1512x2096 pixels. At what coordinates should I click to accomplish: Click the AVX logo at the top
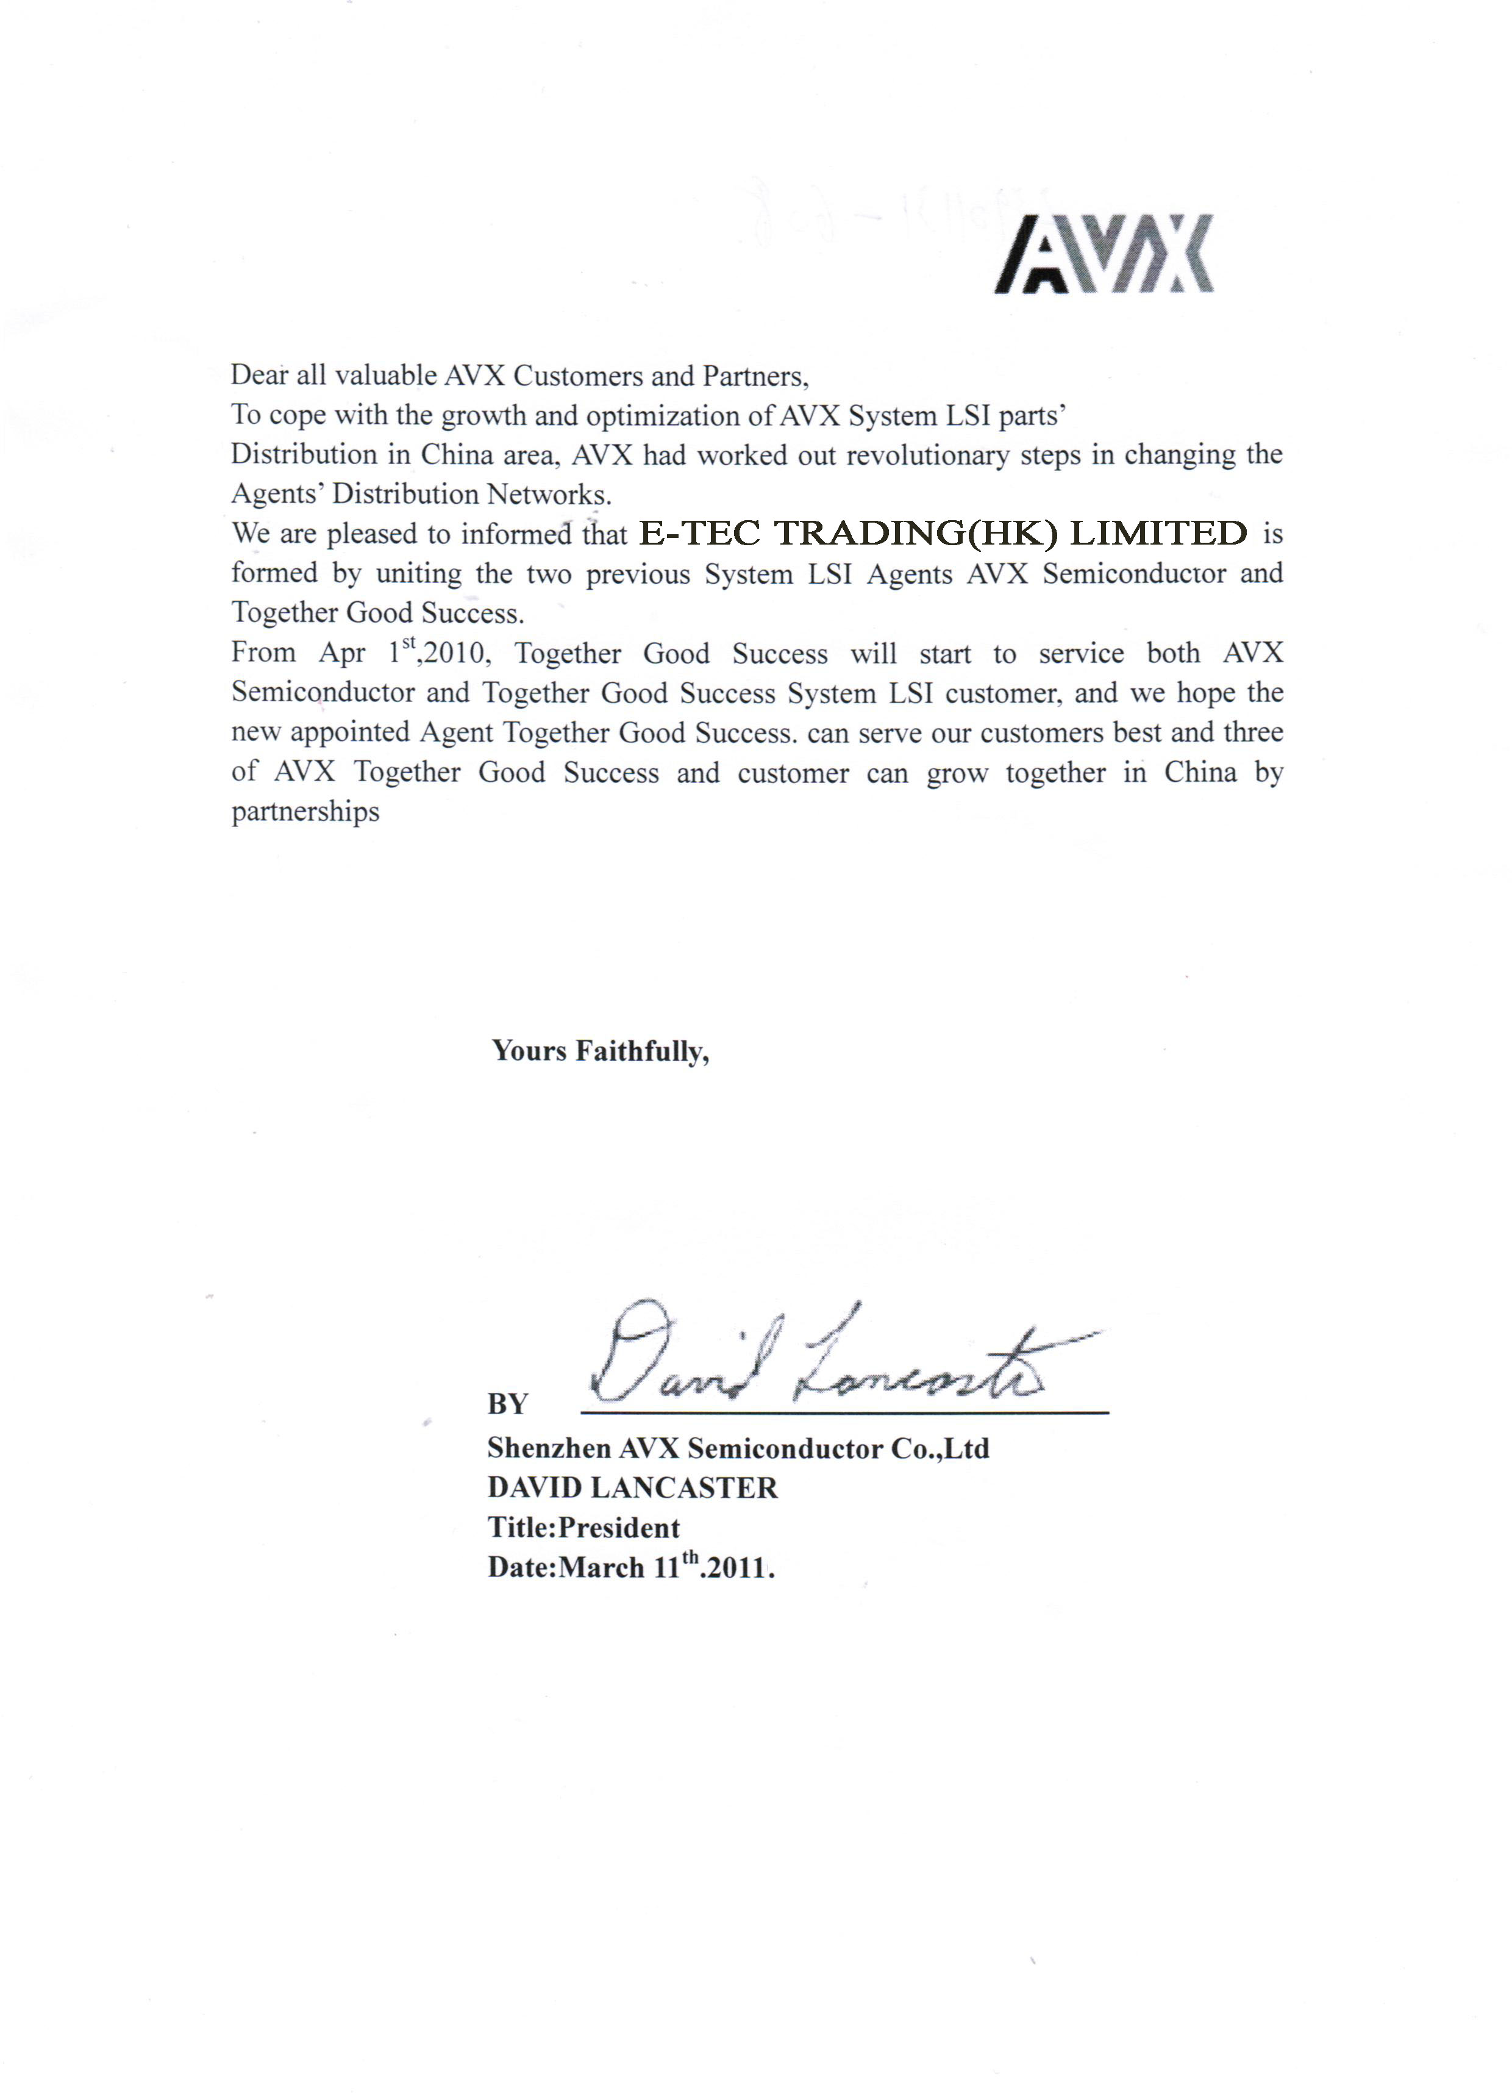pos(1104,254)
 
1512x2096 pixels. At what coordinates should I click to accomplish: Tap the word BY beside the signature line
pos(507,1404)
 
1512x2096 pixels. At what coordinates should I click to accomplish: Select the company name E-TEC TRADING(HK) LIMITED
pos(943,533)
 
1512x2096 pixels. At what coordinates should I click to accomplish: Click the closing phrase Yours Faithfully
pos(600,1051)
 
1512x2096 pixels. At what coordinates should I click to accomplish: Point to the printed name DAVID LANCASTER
pos(632,1487)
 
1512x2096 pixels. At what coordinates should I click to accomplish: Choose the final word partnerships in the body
pos(305,812)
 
